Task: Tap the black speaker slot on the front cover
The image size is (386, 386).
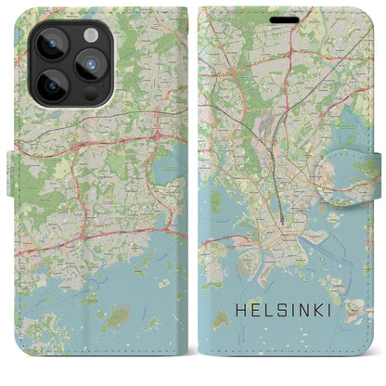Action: click(x=285, y=16)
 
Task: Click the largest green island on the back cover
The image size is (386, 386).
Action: click(x=118, y=316)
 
